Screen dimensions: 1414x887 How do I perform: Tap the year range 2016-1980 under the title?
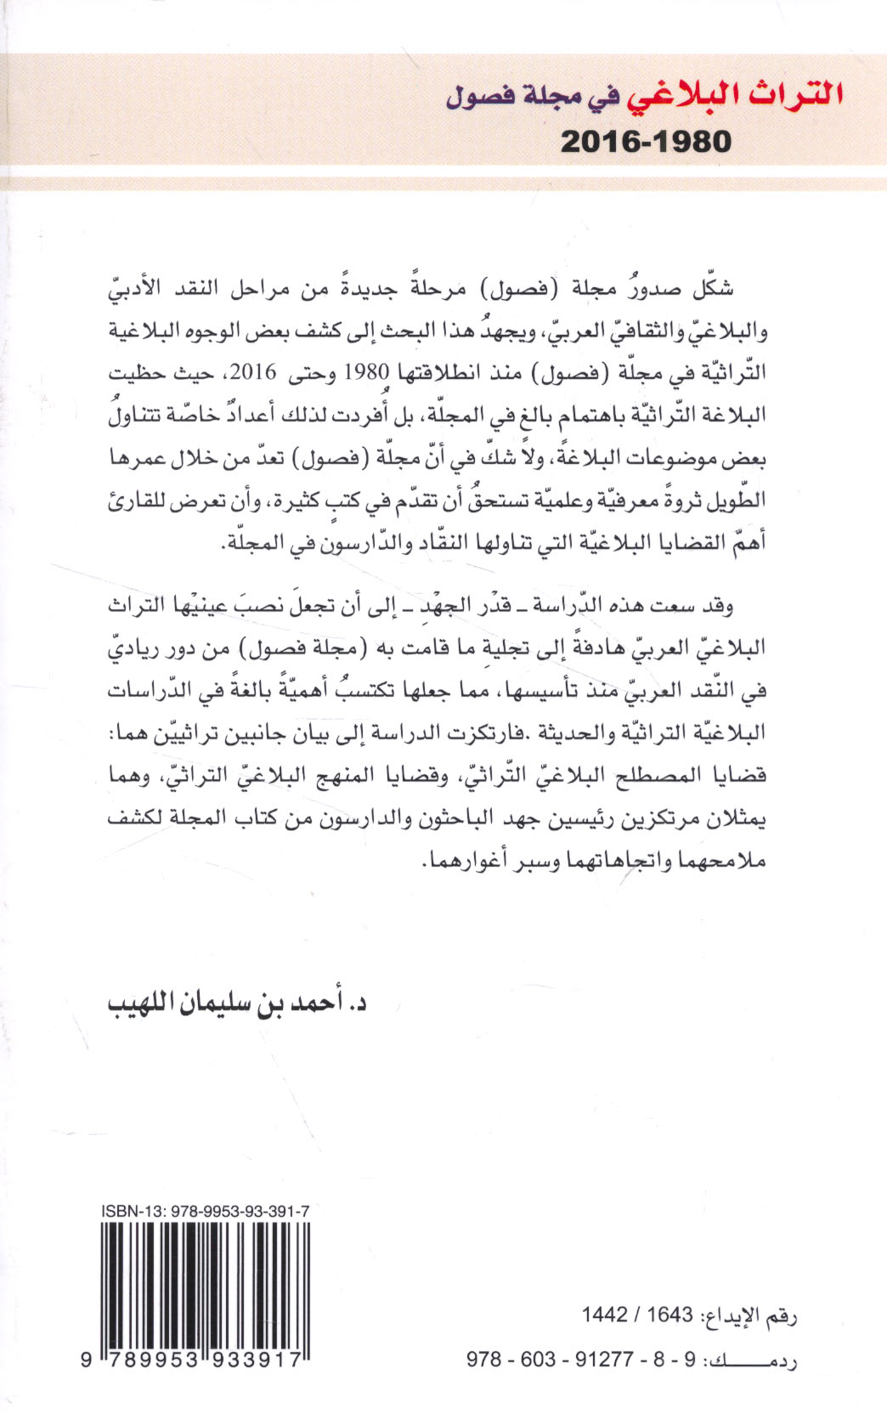(x=646, y=141)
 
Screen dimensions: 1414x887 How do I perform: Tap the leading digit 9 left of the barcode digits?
(x=87, y=1359)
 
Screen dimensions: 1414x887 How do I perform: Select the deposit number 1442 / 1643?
(x=637, y=1315)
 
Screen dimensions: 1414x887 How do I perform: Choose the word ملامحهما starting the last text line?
(x=721, y=860)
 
